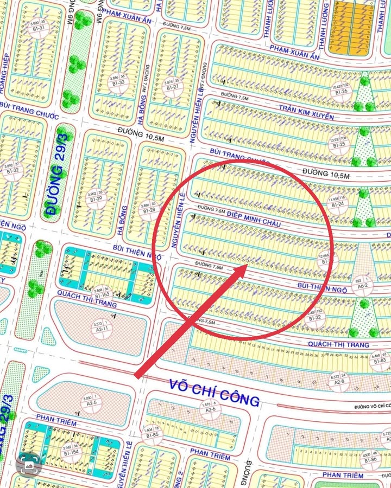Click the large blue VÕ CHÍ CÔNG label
click(x=214, y=392)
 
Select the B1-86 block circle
click(x=370, y=456)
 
